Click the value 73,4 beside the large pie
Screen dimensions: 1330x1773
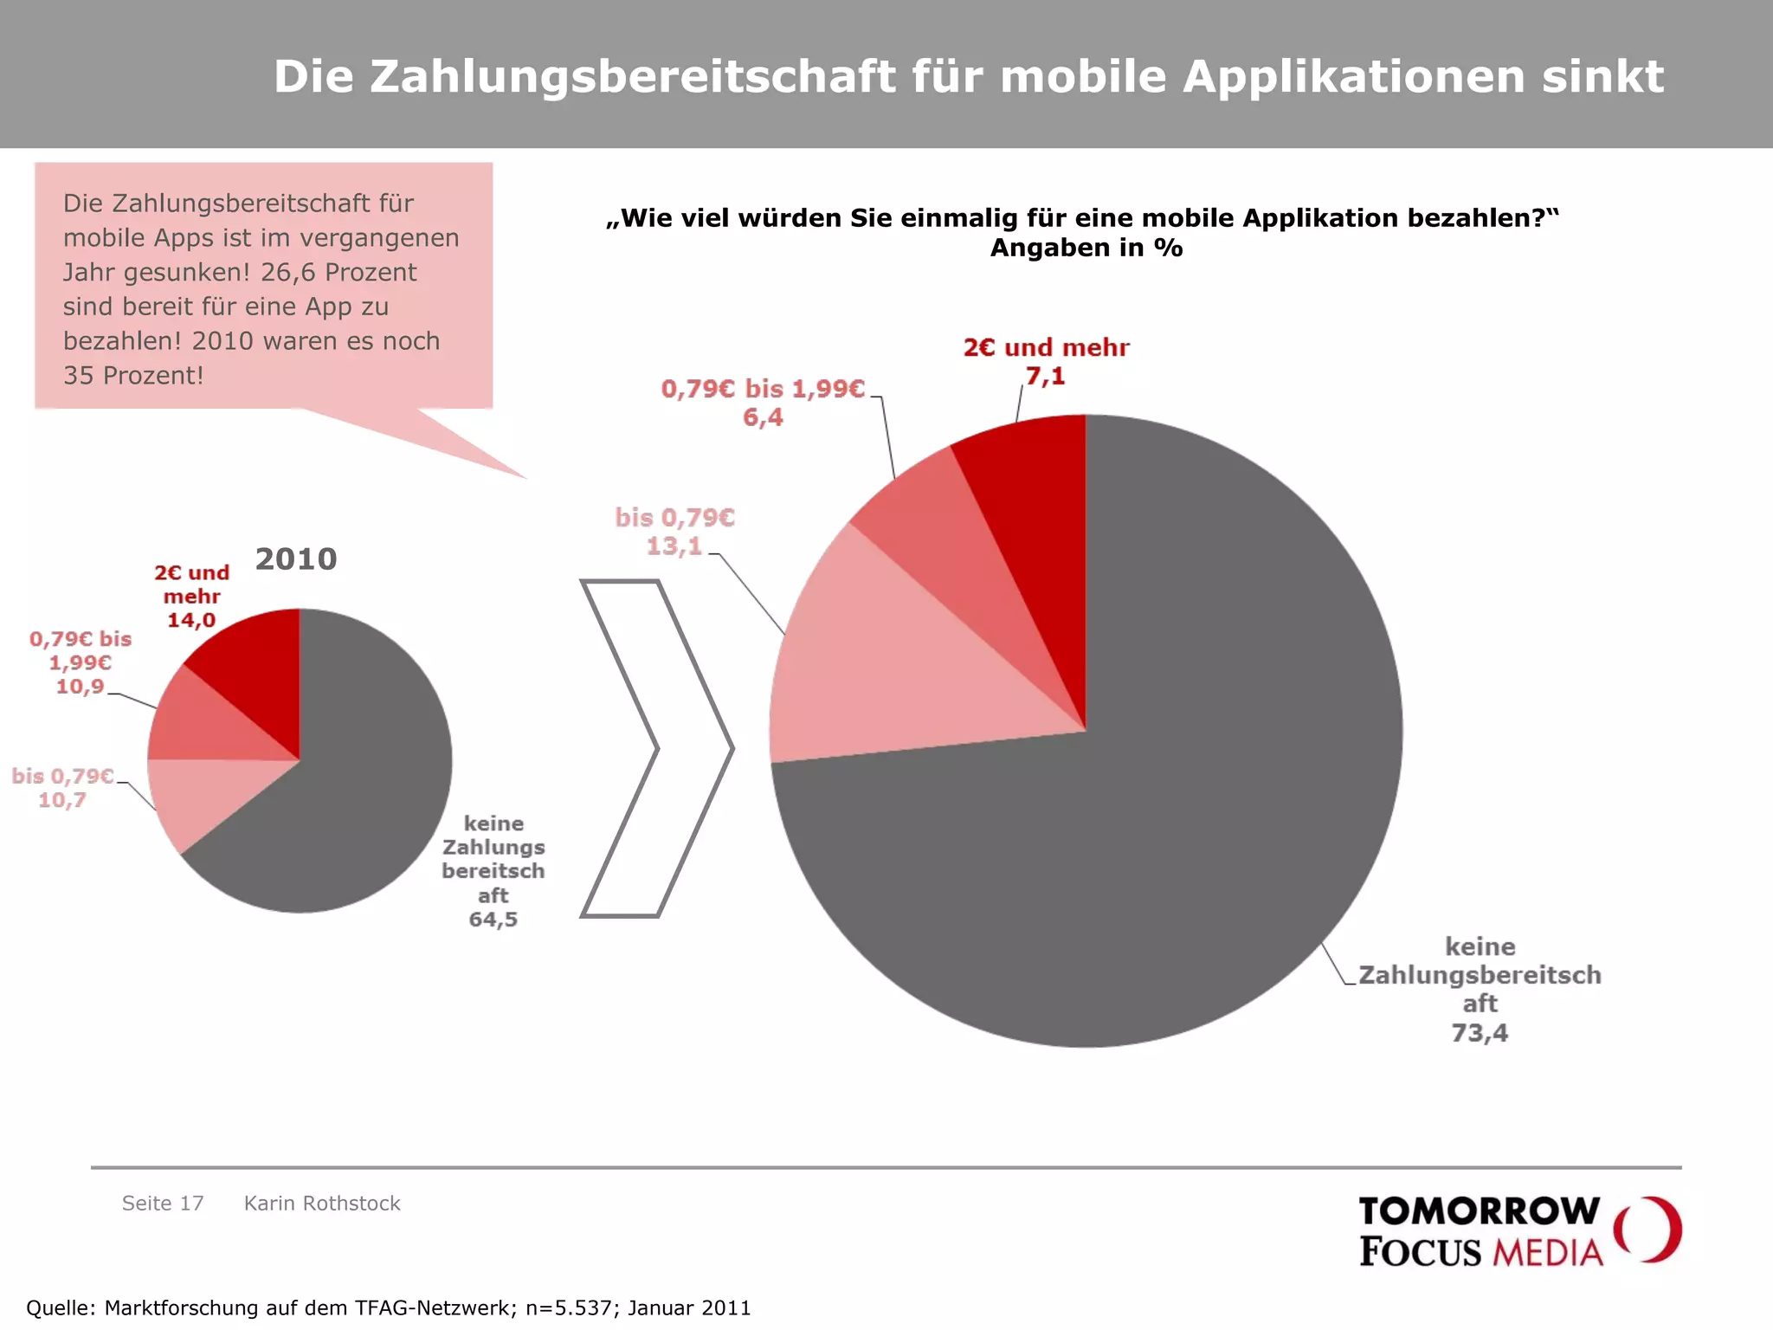coord(1479,1032)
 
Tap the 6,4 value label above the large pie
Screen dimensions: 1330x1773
coord(763,417)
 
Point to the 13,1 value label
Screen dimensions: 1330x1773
coord(674,546)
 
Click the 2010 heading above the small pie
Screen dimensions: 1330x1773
coord(296,558)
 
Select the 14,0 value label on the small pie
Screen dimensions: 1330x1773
coord(191,620)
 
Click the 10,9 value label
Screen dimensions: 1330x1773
coord(80,687)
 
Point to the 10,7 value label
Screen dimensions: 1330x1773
coord(61,800)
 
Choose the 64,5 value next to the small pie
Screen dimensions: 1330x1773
coord(493,919)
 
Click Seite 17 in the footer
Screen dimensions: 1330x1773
coord(163,1204)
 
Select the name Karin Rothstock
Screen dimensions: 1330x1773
coord(322,1204)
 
